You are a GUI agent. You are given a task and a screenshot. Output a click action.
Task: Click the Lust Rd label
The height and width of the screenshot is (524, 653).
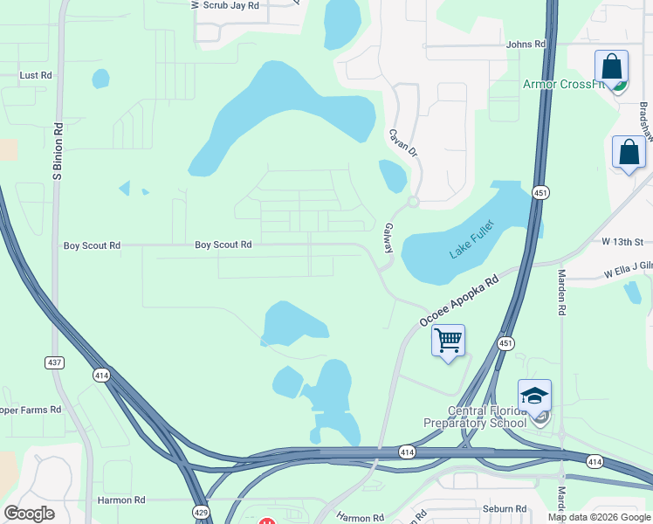click(x=36, y=76)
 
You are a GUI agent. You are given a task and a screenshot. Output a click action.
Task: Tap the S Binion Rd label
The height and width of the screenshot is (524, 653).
click(x=58, y=152)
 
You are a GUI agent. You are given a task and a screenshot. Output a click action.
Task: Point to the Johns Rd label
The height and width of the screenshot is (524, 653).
click(x=526, y=44)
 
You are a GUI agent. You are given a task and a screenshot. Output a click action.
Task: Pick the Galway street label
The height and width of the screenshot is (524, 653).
click(x=388, y=238)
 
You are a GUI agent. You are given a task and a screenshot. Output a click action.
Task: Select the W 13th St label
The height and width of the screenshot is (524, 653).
click(x=622, y=242)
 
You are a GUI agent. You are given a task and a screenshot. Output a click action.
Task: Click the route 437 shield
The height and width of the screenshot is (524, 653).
click(x=55, y=362)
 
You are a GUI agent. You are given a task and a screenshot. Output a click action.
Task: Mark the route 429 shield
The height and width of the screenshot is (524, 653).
click(x=200, y=510)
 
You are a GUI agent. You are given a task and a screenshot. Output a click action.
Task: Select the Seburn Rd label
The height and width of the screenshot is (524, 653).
click(x=505, y=509)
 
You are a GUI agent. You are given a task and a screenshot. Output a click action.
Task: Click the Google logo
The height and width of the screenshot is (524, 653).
click(x=29, y=514)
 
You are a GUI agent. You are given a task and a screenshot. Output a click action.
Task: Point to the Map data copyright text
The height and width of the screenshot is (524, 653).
click(x=599, y=517)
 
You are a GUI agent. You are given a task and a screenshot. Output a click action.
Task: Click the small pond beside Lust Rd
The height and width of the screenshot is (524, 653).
click(x=100, y=79)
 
